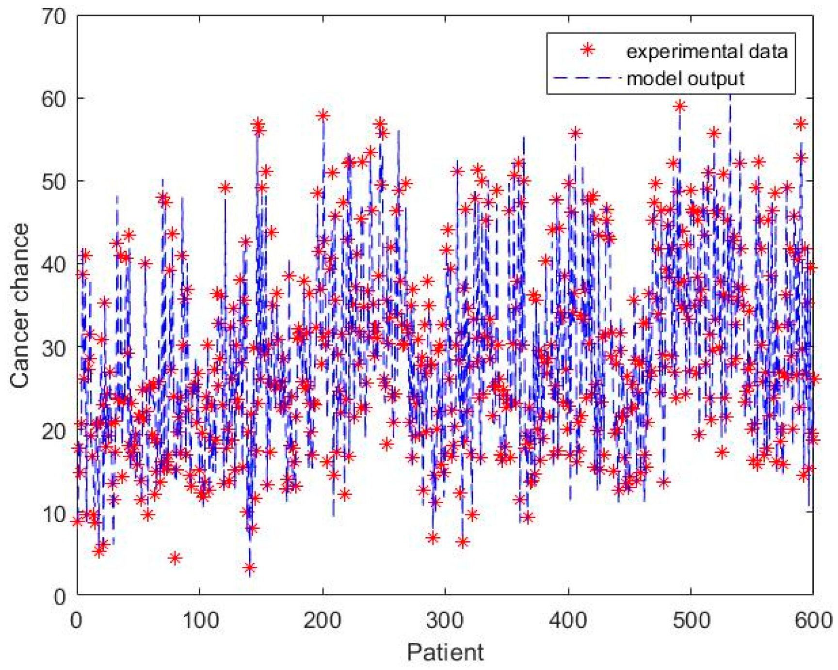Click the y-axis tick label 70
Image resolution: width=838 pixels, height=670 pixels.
[53, 17]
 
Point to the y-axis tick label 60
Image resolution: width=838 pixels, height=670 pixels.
[53, 99]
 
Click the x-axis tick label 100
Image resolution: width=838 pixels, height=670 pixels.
[200, 621]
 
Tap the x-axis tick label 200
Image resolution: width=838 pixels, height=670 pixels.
[322, 621]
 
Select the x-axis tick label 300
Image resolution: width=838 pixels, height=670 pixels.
[445, 621]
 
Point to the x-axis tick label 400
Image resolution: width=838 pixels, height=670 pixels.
[568, 621]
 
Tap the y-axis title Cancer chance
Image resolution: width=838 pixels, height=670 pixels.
[20, 306]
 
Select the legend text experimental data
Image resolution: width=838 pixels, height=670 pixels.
[707, 51]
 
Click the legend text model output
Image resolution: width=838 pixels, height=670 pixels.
[685, 78]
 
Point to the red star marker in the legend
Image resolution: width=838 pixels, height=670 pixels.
[588, 49]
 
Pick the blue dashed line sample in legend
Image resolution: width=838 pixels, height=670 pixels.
[587, 78]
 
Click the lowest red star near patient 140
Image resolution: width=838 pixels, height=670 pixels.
[250, 567]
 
